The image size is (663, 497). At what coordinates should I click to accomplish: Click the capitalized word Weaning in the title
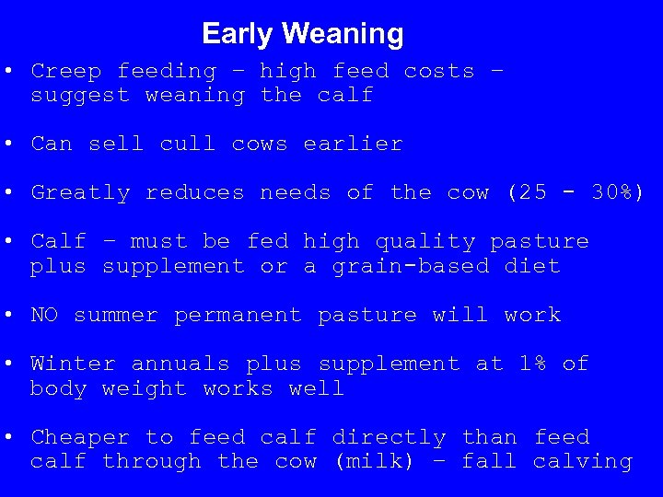(343, 34)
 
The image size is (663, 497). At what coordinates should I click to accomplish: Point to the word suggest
(80, 95)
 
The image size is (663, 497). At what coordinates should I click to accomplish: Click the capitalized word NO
(44, 315)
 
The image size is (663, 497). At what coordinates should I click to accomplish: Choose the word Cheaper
(80, 437)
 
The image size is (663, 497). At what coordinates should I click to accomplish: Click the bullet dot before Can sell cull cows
(7, 144)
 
